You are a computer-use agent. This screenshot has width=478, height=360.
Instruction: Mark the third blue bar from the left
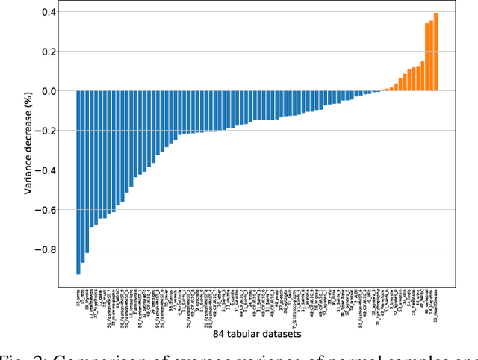[87, 172]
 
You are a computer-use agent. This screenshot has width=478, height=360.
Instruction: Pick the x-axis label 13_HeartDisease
[435, 300]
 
